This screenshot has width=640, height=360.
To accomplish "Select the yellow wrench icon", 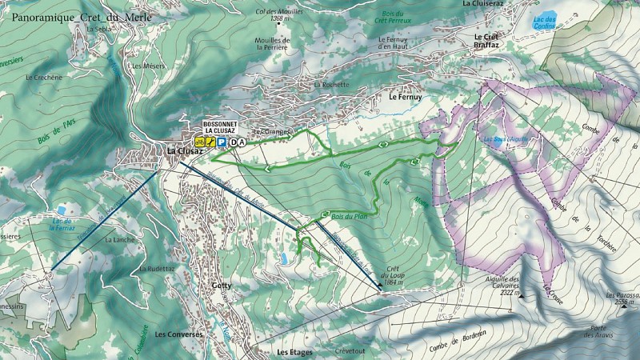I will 210,142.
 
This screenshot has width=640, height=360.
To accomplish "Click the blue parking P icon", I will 221,142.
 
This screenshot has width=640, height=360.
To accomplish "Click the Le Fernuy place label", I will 404,97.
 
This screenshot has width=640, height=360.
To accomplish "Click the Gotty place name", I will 221,285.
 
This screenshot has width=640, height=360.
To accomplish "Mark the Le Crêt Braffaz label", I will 486,41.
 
